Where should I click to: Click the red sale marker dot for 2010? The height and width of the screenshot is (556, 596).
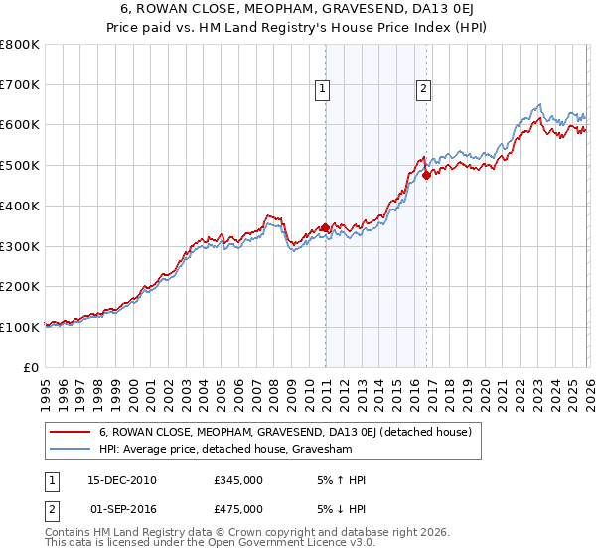(x=325, y=227)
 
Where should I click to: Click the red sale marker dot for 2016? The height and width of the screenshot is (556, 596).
(x=426, y=175)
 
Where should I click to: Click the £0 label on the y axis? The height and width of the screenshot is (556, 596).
(x=32, y=367)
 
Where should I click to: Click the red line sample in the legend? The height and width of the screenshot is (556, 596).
(x=71, y=432)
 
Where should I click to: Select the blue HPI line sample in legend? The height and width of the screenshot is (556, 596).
(x=71, y=449)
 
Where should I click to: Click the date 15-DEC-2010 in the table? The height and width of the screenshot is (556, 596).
(x=122, y=480)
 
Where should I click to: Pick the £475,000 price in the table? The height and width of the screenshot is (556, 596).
(x=238, y=509)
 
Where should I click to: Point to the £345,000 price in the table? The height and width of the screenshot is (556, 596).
(x=238, y=480)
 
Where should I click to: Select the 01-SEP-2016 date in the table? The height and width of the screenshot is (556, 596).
(x=122, y=509)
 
